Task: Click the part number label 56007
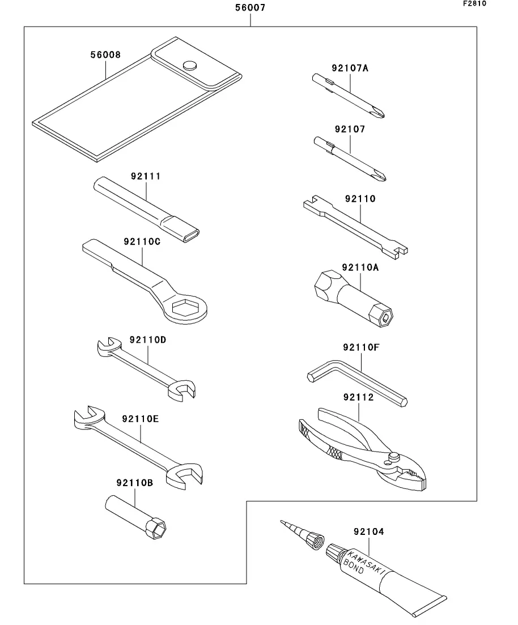(250, 7)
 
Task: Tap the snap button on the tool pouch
(190, 65)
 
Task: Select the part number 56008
(105, 54)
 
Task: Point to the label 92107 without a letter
(350, 129)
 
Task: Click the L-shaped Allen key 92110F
(357, 382)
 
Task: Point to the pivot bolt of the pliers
(394, 457)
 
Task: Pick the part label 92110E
(140, 419)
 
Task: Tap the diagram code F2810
(474, 3)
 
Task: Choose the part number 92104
(368, 532)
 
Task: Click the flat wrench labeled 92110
(355, 227)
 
